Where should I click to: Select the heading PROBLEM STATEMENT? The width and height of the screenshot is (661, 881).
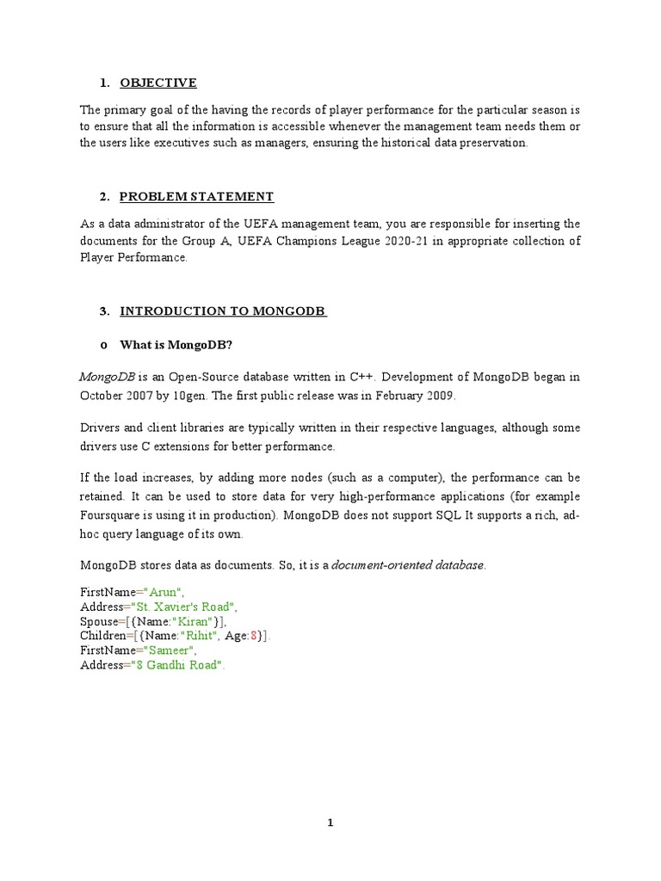point(196,196)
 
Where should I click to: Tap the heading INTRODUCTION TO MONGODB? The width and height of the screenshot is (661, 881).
point(223,311)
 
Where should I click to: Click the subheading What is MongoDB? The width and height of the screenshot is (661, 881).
point(176,345)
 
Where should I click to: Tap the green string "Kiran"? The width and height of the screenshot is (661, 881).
point(198,621)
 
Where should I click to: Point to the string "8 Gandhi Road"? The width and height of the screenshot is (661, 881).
point(182,665)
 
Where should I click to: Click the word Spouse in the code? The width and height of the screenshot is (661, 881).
point(99,621)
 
